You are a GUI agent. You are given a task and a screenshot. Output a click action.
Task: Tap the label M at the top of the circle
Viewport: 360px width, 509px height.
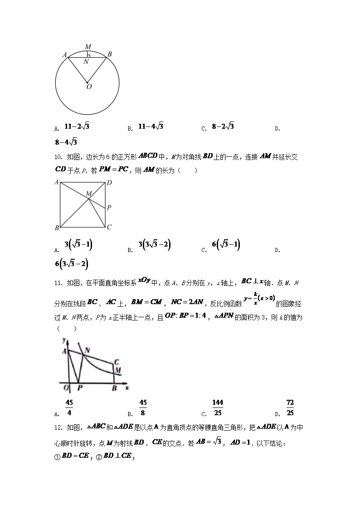click(88, 47)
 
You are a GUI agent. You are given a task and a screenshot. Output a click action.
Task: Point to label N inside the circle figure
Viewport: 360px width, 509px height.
click(86, 62)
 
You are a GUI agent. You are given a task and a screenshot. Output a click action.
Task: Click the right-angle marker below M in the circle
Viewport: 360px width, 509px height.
click(89, 55)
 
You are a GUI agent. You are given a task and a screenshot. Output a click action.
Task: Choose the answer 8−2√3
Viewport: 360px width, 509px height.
click(223, 127)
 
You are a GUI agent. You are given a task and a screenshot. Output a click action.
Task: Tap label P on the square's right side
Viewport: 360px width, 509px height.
click(109, 208)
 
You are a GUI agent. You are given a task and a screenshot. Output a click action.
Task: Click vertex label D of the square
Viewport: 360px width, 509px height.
click(109, 183)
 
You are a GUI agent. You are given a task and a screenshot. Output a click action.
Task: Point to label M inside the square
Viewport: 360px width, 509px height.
click(89, 194)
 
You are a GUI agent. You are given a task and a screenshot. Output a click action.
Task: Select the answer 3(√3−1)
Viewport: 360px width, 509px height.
click(78, 246)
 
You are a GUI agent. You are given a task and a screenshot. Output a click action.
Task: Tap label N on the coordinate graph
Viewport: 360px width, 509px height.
click(87, 350)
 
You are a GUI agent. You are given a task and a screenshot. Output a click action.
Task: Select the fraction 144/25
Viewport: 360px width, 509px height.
click(218, 407)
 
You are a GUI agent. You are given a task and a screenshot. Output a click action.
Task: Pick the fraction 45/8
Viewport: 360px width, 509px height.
click(143, 407)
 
